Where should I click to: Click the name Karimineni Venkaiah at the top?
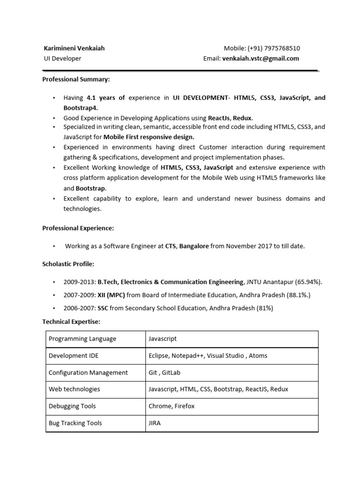[74, 48]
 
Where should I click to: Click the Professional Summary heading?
[76, 79]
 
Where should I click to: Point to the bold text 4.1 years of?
[106, 97]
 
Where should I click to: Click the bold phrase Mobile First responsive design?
[149, 137]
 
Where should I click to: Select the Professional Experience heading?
[78, 228]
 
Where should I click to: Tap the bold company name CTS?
[170, 246]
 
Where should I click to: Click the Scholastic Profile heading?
[68, 264]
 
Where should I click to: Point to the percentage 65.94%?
[309, 282]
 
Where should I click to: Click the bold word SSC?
[103, 308]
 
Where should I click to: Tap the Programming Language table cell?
[82, 339]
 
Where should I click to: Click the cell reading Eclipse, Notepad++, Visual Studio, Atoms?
[208, 356]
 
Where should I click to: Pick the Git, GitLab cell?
[164, 373]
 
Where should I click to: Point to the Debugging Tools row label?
[72, 406]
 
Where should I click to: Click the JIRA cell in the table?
[155, 423]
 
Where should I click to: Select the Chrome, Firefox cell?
[171, 406]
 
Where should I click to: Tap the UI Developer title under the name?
[62, 59]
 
